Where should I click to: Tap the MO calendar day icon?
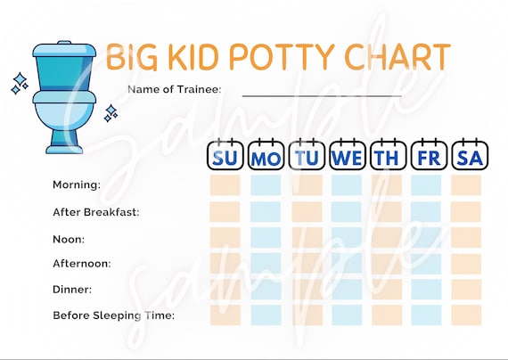coord(265,156)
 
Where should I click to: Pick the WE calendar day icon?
coord(347,156)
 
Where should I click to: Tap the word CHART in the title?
coord(397,56)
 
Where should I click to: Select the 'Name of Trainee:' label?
coord(174,89)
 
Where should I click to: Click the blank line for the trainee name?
coord(321,94)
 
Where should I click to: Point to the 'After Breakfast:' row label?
coord(96,212)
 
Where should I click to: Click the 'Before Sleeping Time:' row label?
coord(113,315)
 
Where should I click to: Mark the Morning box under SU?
coord(225,185)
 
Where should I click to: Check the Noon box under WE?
coord(347,237)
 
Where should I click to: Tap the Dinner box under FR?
coord(426,289)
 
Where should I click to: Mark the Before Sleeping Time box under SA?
coord(466,315)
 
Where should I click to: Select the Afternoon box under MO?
coord(266,263)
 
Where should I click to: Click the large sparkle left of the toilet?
coord(19,83)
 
